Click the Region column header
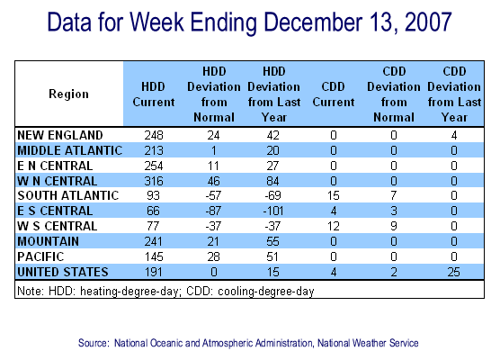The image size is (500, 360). click(x=68, y=94)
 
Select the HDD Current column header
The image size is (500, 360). click(x=154, y=94)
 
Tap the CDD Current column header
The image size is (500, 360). click(x=334, y=94)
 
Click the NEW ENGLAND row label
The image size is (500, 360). click(x=60, y=135)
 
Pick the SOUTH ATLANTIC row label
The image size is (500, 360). click(x=68, y=195)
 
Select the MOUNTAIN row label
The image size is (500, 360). click(x=49, y=241)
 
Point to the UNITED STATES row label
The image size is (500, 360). click(x=63, y=272)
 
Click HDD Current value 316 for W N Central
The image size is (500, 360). click(x=154, y=181)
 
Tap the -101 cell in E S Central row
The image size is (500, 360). click(x=273, y=211)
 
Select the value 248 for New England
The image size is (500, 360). click(x=154, y=135)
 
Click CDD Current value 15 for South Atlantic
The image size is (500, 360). click(x=334, y=195)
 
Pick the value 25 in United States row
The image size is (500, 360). click(x=454, y=272)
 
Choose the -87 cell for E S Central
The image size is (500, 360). click(x=213, y=211)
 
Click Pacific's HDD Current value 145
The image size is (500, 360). click(x=154, y=256)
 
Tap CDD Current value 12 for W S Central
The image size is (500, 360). click(x=334, y=226)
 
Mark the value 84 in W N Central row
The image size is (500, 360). click(x=273, y=181)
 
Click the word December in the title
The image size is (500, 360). click(x=314, y=22)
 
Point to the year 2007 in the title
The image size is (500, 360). click(x=428, y=22)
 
